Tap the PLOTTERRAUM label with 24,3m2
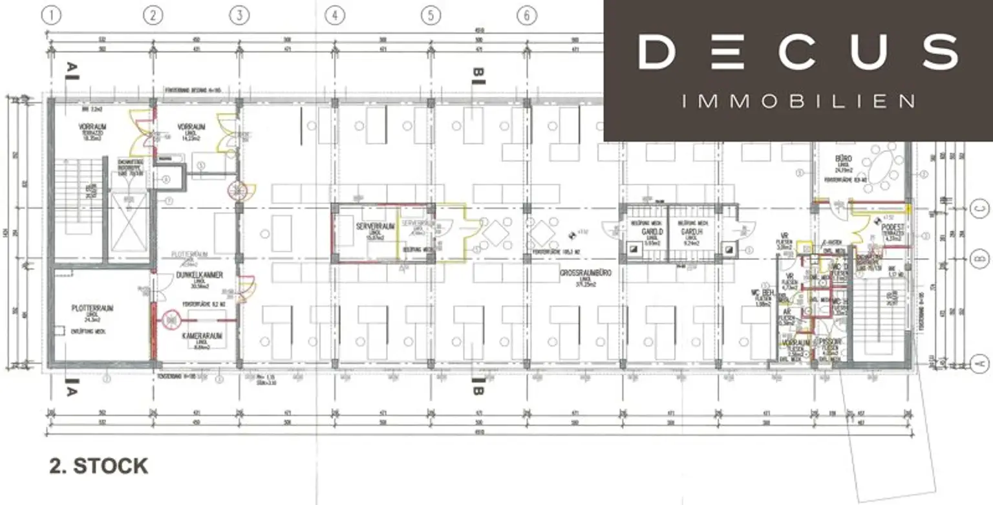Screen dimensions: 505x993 (x=92, y=308)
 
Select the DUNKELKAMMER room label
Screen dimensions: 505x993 (x=199, y=275)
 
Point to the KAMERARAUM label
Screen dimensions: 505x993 (x=202, y=337)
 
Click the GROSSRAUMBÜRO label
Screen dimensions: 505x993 (x=586, y=273)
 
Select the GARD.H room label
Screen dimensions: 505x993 (x=685, y=232)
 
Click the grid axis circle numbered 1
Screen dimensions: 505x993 (x=51, y=16)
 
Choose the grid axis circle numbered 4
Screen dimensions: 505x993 (x=334, y=16)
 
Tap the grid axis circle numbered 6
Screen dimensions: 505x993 (x=527, y=16)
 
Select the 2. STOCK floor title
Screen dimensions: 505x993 (x=98, y=466)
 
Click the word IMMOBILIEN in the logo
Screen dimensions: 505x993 (x=798, y=101)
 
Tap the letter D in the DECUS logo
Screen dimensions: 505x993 (x=657, y=52)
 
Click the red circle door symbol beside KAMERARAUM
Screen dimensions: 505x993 (x=170, y=318)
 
